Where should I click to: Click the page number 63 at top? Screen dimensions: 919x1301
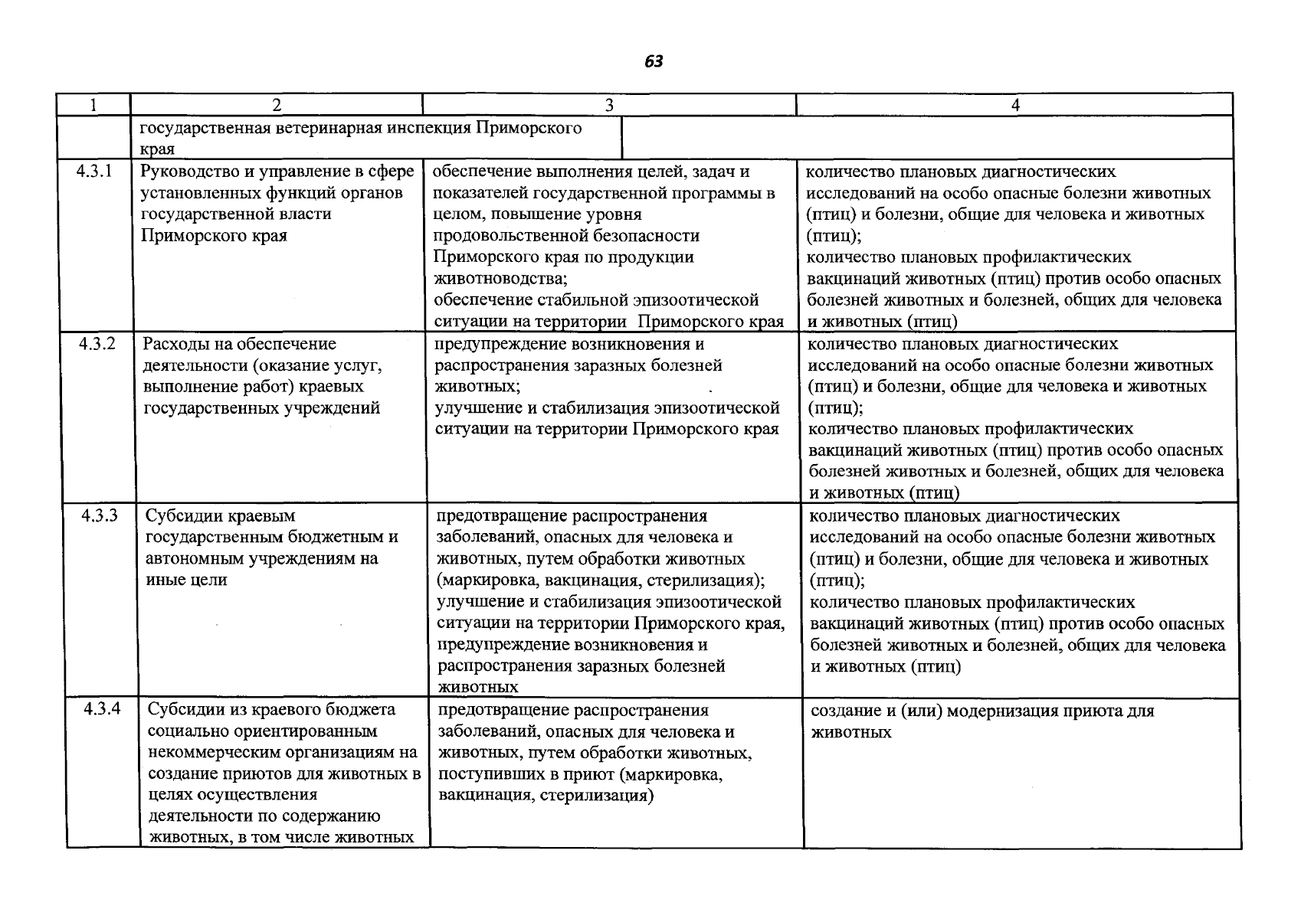pyautogui.click(x=654, y=62)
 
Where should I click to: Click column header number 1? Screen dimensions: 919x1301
pyautogui.click(x=93, y=105)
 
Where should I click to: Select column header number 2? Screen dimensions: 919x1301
pyautogui.click(x=277, y=105)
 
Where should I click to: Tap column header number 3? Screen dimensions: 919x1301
pyautogui.click(x=609, y=105)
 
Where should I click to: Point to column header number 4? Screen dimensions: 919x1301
pyautogui.click(x=1015, y=105)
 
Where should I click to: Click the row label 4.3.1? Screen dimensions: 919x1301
pyautogui.click(x=94, y=172)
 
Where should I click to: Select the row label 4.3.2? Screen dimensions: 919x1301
pyautogui.click(x=97, y=344)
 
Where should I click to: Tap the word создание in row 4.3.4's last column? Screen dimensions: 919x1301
pyautogui.click(x=843, y=711)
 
